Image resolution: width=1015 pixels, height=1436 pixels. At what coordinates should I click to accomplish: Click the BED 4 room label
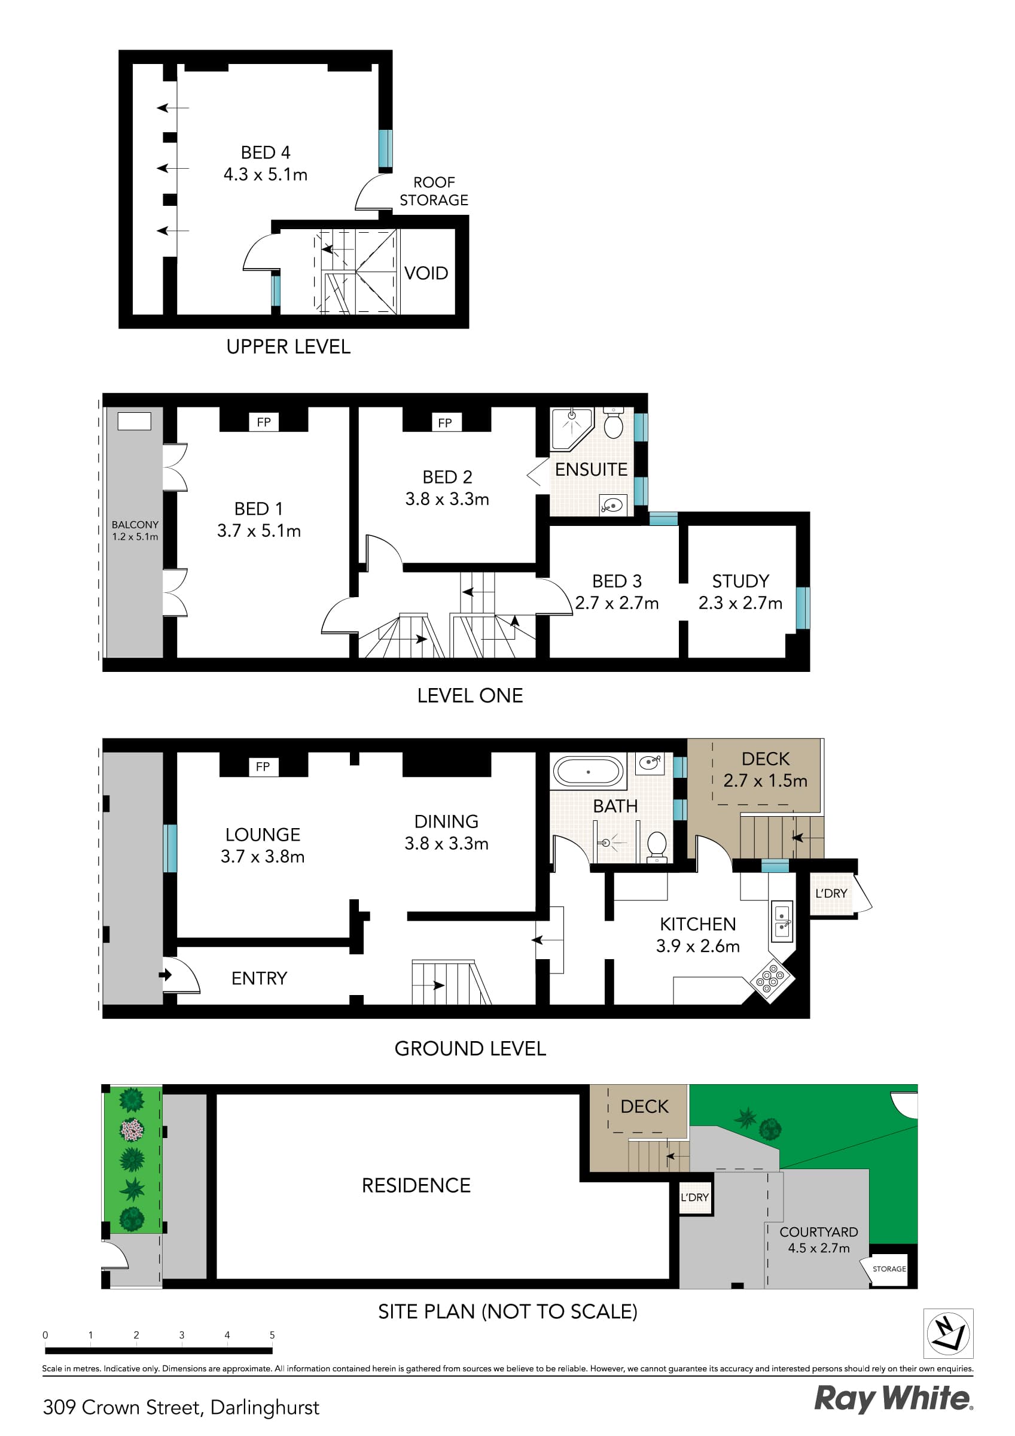pos(265,153)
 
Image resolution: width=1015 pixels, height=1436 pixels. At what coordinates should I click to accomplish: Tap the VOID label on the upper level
pos(426,273)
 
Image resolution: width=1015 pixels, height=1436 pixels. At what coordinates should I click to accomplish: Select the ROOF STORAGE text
pos(434,191)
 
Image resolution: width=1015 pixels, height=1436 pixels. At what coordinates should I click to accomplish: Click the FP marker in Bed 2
pos(444,423)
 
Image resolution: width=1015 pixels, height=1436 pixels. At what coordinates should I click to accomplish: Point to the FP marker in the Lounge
pos(263,767)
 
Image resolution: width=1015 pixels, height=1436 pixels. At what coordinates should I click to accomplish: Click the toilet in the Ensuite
pos(614,424)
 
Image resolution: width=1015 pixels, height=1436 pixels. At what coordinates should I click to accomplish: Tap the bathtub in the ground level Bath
pos(588,772)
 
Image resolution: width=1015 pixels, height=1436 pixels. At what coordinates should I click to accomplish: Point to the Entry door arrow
pos(166,975)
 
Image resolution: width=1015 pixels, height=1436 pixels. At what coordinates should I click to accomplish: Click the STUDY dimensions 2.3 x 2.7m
pos(740,603)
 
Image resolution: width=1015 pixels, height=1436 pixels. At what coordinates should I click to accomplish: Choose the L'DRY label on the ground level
pos(831,894)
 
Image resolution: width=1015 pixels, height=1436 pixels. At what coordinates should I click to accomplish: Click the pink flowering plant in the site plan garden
pos(132,1130)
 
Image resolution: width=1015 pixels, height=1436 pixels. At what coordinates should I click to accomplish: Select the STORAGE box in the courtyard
pos(889,1268)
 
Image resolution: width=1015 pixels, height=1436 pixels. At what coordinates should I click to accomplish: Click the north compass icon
pos(948,1334)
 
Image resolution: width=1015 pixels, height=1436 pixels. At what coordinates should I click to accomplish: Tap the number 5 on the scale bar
pos(272,1335)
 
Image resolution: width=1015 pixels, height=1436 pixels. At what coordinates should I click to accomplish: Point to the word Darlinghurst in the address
pos(264,1407)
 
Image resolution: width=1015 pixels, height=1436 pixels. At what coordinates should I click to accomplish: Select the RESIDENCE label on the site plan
pos(416,1185)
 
